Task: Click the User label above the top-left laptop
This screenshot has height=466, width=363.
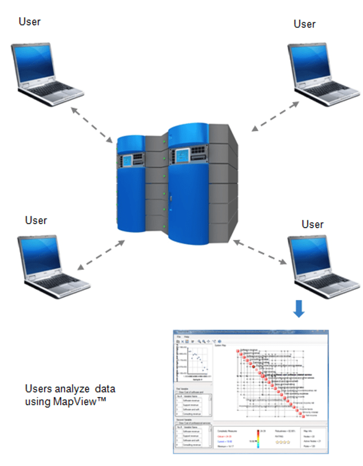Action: pyautogui.click(x=30, y=22)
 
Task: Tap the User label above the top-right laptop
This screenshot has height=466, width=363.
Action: pyautogui.click(x=305, y=24)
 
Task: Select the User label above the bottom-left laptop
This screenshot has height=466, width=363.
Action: pyautogui.click(x=36, y=220)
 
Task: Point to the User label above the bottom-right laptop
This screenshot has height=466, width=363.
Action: pyautogui.click(x=312, y=224)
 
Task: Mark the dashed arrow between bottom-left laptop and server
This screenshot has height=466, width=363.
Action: pyautogui.click(x=101, y=254)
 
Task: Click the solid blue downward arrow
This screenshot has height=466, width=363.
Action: pyautogui.click(x=298, y=309)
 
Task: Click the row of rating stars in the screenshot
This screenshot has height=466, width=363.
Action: pyautogui.click(x=283, y=442)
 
